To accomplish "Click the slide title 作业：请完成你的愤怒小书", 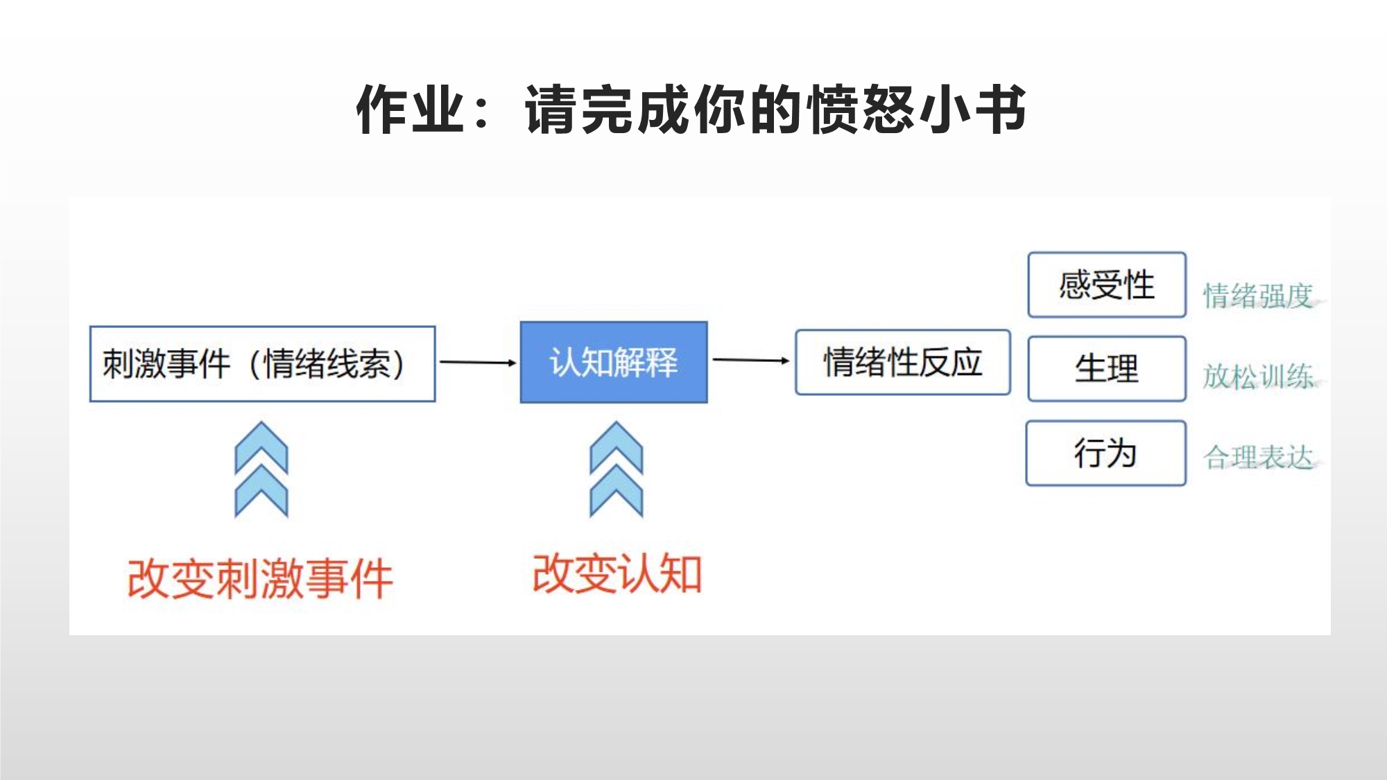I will pyautogui.click(x=691, y=110).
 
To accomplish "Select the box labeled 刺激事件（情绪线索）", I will pyautogui.click(x=262, y=363).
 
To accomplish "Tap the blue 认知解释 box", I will pyautogui.click(x=614, y=362).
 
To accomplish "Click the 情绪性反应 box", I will pyautogui.click(x=902, y=362).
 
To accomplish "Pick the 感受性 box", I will pyautogui.click(x=1107, y=285).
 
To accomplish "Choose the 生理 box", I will pyautogui.click(x=1107, y=368).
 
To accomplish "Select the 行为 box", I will pyautogui.click(x=1105, y=453).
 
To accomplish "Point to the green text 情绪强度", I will pyautogui.click(x=1258, y=296).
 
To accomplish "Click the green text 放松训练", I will pyautogui.click(x=1258, y=376).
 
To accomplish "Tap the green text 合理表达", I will pyautogui.click(x=1258, y=458).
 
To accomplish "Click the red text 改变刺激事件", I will pyautogui.click(x=260, y=579).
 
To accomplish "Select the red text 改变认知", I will pyautogui.click(x=617, y=574).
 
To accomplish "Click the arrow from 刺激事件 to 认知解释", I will pyautogui.click(x=478, y=362).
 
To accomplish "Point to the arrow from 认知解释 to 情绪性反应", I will pyautogui.click(x=751, y=360).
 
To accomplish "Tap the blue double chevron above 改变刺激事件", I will pyautogui.click(x=261, y=469).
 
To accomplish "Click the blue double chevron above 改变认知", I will pyautogui.click(x=617, y=469).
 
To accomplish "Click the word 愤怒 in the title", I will pyautogui.click(x=862, y=110).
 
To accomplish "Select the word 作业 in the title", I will pyautogui.click(x=410, y=110).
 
